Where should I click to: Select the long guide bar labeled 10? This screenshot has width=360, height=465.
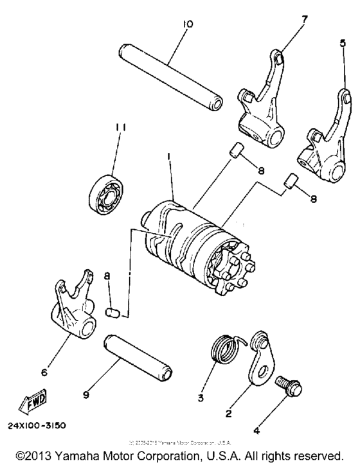[170, 76]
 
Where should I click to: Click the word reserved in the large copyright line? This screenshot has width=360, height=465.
[320, 453]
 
